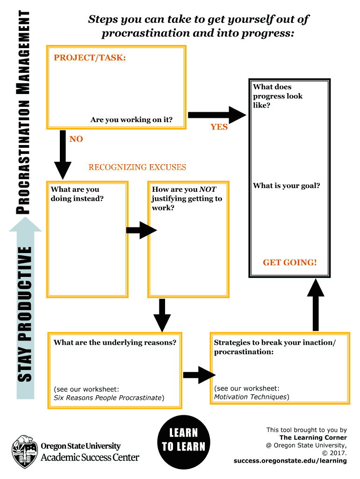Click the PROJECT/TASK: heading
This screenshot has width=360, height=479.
[x=90, y=58]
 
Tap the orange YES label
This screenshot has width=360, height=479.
[x=219, y=127]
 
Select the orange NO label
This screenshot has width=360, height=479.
[x=76, y=139]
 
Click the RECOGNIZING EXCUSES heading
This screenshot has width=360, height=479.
[x=137, y=167]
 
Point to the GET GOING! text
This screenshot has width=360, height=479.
[x=289, y=262]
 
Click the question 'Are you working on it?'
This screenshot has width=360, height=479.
[x=131, y=120]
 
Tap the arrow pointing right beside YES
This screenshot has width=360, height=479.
[x=216, y=115]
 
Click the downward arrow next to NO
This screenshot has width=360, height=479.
[x=63, y=154]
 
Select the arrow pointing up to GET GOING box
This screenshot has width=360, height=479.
[x=316, y=304]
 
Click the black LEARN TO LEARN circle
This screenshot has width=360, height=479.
[x=183, y=440]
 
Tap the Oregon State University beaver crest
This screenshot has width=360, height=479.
[x=23, y=451]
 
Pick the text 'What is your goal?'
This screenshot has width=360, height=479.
[x=286, y=186]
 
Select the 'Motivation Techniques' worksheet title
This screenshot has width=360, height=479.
[x=250, y=397]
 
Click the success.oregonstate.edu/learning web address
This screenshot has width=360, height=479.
[x=290, y=461]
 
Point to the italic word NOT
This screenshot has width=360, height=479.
[x=208, y=189]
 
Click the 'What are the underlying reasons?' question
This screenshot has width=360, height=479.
[x=115, y=342]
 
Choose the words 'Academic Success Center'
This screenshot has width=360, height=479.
[x=90, y=457]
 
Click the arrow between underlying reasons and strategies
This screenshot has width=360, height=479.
[x=199, y=374]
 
